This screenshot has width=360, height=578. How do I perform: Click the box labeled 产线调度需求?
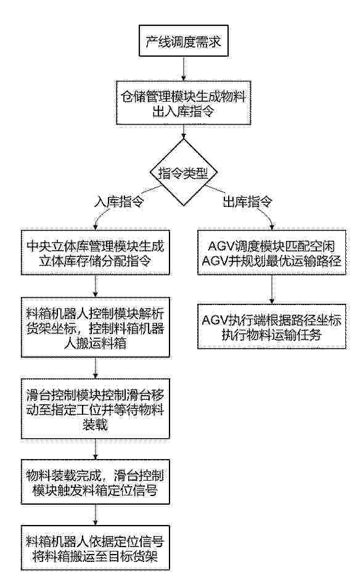183,42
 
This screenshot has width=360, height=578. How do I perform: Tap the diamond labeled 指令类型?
183,172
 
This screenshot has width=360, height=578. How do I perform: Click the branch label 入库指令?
118,201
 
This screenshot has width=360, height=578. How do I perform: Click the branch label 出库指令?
247,201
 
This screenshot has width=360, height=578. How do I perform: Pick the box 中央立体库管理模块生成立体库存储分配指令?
96,253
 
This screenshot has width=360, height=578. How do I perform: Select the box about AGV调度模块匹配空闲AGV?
272,253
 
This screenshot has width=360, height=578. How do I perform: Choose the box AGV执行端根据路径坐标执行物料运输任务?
272,326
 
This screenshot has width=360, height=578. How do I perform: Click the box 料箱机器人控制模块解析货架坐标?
96,327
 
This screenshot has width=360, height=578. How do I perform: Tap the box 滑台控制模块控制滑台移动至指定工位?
96,409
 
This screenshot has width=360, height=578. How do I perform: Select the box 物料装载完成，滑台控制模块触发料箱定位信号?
96,482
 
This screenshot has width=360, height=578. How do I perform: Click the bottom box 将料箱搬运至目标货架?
96,548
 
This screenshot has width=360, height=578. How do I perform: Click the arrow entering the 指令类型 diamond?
183,132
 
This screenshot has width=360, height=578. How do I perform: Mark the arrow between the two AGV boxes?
272,290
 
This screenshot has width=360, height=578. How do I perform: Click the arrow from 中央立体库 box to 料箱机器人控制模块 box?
96,286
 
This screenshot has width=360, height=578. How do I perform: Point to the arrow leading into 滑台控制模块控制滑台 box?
96,368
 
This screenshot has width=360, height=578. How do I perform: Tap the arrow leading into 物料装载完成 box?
96,449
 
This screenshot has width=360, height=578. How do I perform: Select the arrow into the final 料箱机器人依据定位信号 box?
96,515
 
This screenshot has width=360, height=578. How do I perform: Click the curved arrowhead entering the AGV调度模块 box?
272,227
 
